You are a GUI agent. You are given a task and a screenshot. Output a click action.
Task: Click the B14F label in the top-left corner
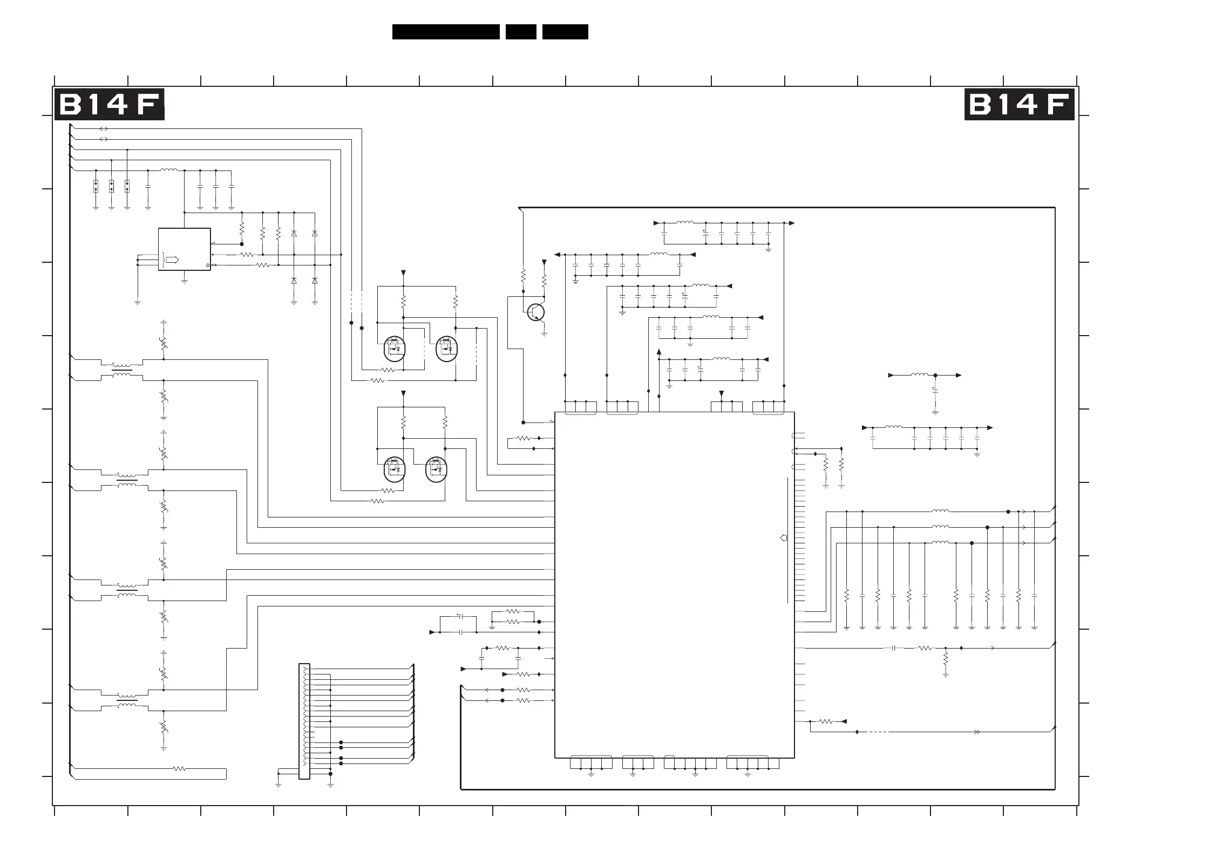point(109,105)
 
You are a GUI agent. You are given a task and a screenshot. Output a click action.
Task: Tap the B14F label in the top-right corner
point(1019,105)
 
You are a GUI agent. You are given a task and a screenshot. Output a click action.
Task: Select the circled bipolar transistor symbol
point(535,312)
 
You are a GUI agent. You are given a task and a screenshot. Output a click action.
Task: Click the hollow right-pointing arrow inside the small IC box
point(172,260)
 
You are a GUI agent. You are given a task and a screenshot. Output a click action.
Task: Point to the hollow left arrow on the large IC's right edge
point(784,537)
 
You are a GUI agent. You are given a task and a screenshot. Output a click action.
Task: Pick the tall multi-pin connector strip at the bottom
point(304,721)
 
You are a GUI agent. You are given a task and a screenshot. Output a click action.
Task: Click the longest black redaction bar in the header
point(446,32)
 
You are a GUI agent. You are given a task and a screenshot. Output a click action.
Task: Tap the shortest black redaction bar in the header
point(521,32)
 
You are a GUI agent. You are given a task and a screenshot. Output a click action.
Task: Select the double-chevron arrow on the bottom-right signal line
point(976,732)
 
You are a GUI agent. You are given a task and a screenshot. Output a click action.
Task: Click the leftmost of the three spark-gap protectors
point(96,186)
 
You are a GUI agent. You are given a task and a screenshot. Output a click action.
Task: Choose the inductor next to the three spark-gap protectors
point(168,171)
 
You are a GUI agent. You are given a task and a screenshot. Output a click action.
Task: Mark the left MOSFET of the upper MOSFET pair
point(394,349)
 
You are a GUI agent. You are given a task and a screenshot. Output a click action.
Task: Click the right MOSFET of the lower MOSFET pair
point(436,469)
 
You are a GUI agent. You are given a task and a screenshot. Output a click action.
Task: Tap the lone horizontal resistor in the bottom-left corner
point(179,768)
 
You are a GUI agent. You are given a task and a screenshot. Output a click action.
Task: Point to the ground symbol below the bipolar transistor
point(544,334)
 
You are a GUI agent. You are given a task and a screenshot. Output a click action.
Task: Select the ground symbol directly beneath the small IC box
point(184,281)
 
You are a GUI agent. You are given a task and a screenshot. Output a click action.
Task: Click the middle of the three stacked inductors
point(940,527)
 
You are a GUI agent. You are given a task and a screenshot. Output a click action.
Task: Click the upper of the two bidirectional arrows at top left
point(104,129)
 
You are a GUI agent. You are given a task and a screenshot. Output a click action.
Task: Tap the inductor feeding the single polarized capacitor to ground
point(919,375)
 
